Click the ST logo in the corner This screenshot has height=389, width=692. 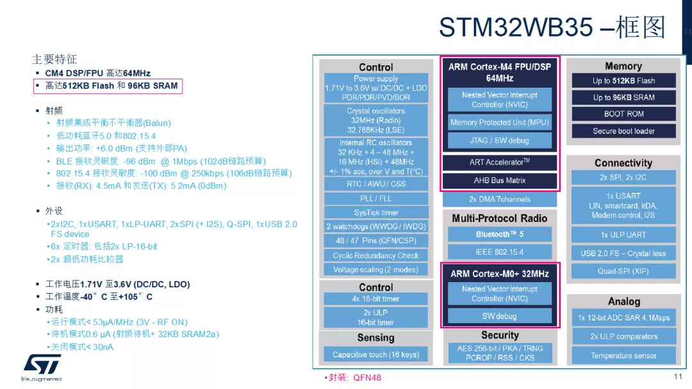42,365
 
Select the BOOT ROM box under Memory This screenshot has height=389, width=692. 623,114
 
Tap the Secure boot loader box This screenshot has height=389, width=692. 623,131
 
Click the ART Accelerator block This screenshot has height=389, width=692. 500,163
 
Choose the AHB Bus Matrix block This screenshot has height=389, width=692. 500,180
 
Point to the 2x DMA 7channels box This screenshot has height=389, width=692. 500,200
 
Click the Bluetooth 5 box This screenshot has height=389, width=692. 500,234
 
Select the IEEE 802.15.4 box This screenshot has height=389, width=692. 500,252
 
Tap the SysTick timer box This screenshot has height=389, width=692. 376,212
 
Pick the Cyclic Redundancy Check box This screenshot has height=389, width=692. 376,255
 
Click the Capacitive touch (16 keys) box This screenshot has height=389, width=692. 376,354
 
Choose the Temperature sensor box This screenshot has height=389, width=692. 623,356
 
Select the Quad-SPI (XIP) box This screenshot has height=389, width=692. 623,271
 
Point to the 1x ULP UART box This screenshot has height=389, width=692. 623,235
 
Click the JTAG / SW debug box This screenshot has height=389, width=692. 500,140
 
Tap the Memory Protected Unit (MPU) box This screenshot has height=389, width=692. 500,122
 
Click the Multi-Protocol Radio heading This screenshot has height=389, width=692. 500,218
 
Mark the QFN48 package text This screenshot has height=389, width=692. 367,377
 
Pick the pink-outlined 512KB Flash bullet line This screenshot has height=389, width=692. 108,86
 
